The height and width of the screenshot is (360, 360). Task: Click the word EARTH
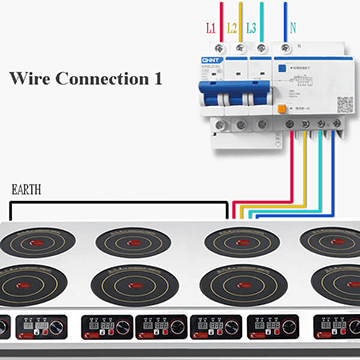pos(26,188)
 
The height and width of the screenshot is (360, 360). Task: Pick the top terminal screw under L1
pos(217,47)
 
